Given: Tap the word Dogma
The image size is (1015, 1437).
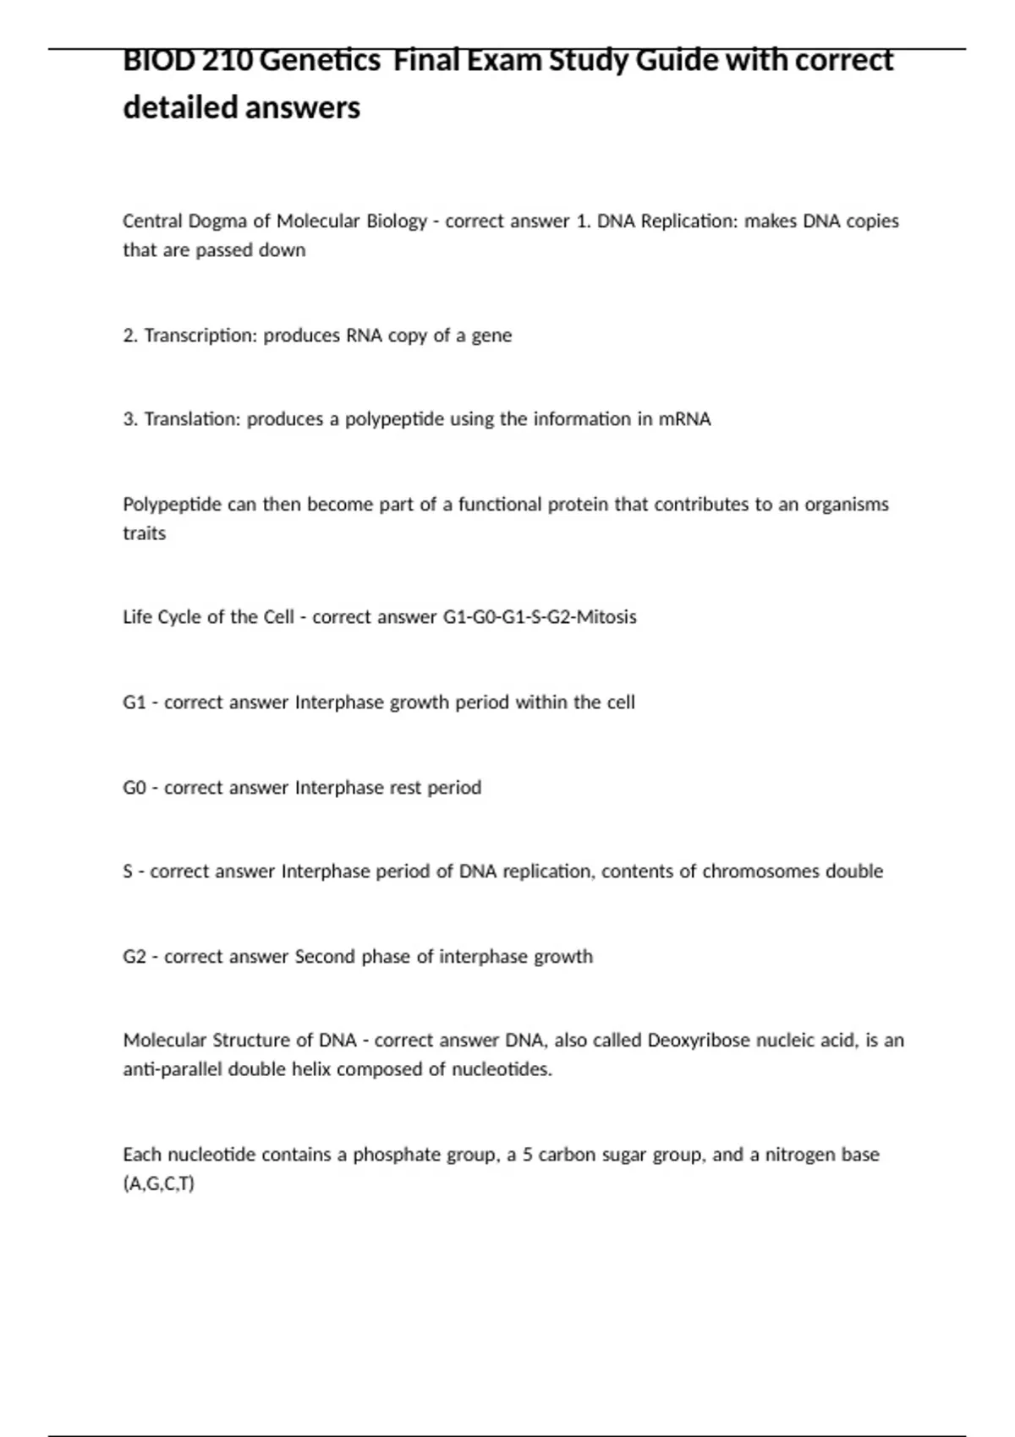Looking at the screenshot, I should (217, 221).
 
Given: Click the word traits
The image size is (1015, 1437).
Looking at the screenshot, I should (145, 533).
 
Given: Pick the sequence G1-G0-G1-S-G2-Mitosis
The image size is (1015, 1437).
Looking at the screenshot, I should (540, 617).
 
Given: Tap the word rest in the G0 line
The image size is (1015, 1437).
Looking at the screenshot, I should (405, 788).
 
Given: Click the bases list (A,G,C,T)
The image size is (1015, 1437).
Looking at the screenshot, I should (159, 1183).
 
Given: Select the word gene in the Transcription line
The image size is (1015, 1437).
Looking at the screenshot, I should (491, 336).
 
